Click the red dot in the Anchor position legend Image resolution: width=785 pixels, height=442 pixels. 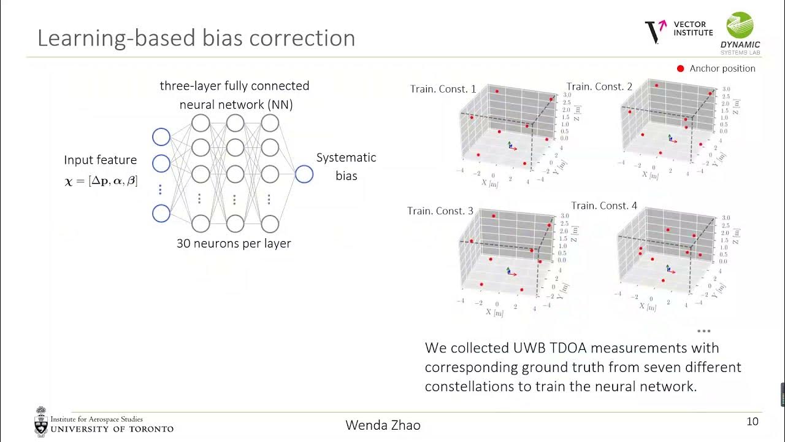point(680,69)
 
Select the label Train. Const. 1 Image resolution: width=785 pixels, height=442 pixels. point(443,89)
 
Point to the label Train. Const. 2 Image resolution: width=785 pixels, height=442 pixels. point(599,87)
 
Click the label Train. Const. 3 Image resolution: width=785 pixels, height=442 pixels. point(440,211)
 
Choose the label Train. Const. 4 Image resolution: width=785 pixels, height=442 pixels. point(604,206)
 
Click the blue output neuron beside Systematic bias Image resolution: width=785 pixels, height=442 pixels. point(304,174)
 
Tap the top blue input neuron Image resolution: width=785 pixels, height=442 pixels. point(161,137)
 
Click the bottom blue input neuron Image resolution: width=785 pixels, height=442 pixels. point(161,214)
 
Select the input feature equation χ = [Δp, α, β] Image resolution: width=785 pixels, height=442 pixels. point(101,181)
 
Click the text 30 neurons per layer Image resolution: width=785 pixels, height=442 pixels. point(234,243)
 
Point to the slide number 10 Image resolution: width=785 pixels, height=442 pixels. point(752,422)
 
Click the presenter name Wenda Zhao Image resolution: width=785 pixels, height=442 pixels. point(383,425)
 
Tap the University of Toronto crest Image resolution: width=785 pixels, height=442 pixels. point(41,421)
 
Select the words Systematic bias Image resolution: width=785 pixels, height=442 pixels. point(346,166)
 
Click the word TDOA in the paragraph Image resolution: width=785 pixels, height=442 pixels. point(556,348)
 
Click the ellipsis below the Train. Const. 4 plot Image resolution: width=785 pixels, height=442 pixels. point(703,331)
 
